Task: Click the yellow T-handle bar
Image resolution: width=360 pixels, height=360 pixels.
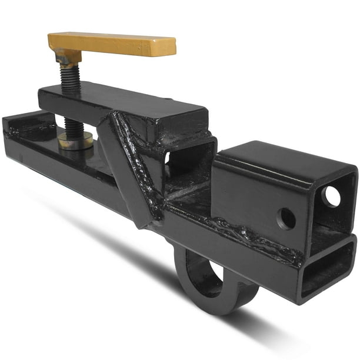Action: pos(112,44)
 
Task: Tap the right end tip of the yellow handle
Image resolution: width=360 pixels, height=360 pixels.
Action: pos(172,47)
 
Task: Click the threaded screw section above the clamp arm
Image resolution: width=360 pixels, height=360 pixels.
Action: pos(70,76)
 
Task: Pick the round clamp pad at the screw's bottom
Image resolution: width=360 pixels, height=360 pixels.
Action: pos(75,141)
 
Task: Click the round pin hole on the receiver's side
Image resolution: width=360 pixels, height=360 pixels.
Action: pos(286,219)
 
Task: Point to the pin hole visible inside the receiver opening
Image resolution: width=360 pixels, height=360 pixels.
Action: pos(331,196)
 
